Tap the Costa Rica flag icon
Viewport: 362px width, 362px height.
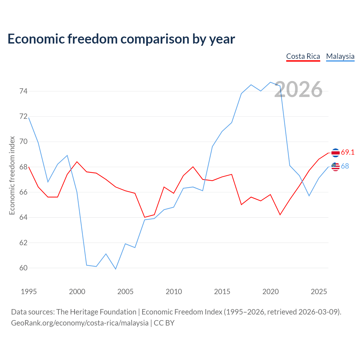[x=335, y=153]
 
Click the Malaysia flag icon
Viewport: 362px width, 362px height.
[x=335, y=167]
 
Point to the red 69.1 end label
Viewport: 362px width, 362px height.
[x=348, y=152]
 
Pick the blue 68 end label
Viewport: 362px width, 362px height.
[x=345, y=166]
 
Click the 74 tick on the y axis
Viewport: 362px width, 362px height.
[x=23, y=91]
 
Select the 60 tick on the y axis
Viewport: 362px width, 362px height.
[x=23, y=268]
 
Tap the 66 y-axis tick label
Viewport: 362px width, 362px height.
[x=23, y=192]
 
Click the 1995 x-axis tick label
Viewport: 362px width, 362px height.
[x=29, y=292]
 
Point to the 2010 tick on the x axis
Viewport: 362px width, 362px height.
[x=174, y=292]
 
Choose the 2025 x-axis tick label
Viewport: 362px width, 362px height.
[x=319, y=292]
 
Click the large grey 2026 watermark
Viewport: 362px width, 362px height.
[x=298, y=89]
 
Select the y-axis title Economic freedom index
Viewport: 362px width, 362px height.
[x=12, y=175]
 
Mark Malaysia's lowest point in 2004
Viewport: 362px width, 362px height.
[x=116, y=269]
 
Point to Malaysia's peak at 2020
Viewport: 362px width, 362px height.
[x=270, y=82]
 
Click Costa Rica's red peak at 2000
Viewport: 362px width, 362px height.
[x=77, y=162]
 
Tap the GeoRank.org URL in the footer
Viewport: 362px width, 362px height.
[x=80, y=323]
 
